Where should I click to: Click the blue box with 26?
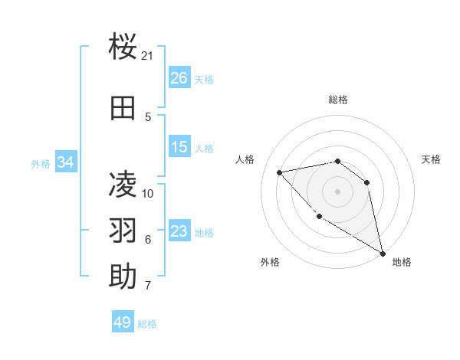[179, 78]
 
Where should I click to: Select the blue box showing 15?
[179, 147]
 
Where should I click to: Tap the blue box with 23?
[179, 231]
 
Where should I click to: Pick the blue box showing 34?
[65, 162]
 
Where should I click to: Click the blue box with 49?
[123, 322]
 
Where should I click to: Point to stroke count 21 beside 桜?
[148, 56]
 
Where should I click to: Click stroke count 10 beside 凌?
[148, 193]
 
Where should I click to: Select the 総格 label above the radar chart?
[337, 100]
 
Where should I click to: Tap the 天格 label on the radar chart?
[431, 159]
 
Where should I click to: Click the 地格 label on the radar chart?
[402, 262]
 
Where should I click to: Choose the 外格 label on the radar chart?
[270, 262]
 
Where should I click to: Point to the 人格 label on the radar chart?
[245, 159]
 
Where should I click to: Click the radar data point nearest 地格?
[383, 254]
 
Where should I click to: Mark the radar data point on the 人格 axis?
[279, 172]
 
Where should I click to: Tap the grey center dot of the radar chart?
[337, 191]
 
